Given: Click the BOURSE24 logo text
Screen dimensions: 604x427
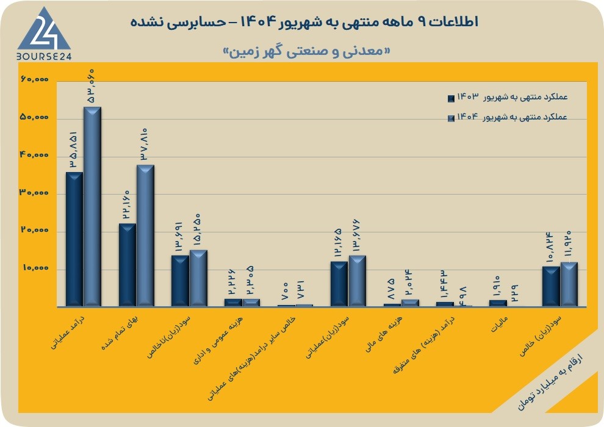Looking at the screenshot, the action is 44,57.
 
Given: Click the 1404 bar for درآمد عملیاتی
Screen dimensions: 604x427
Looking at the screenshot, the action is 93,207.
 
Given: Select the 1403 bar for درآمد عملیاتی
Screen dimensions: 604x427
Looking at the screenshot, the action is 74,239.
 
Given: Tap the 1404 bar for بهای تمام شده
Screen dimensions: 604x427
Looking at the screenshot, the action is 146,235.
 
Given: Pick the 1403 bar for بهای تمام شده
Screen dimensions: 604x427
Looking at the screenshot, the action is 128,265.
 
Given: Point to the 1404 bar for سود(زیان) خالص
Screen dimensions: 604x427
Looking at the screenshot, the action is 569,284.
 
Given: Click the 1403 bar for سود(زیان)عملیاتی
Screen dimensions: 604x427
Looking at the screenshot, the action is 339,284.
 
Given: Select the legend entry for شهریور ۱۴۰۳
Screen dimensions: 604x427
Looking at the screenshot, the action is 508,98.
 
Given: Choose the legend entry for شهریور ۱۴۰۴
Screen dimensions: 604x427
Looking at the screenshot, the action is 508,117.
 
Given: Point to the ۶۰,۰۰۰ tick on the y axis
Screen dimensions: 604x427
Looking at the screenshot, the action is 34,79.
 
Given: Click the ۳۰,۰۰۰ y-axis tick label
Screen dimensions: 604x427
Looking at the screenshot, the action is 34,193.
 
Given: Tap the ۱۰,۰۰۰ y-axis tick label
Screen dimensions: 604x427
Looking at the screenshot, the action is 35,268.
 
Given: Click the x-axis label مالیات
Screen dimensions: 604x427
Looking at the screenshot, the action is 500,324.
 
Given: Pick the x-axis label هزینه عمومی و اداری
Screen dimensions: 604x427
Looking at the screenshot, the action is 218,340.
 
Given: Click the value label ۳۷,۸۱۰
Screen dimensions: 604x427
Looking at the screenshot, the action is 144,144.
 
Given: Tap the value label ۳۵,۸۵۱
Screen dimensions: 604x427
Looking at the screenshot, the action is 73,149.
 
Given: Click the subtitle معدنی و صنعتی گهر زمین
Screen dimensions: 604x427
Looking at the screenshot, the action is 307,52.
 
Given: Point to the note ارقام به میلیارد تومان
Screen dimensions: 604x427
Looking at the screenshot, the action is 549,382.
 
